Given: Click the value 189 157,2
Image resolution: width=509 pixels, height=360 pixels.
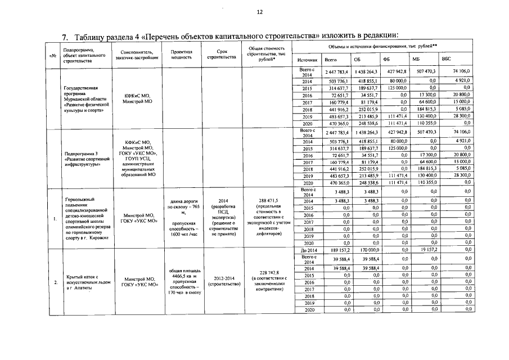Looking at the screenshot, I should tap(339, 249).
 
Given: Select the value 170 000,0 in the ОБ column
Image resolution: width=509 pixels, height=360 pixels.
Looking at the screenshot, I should tap(368, 249).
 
